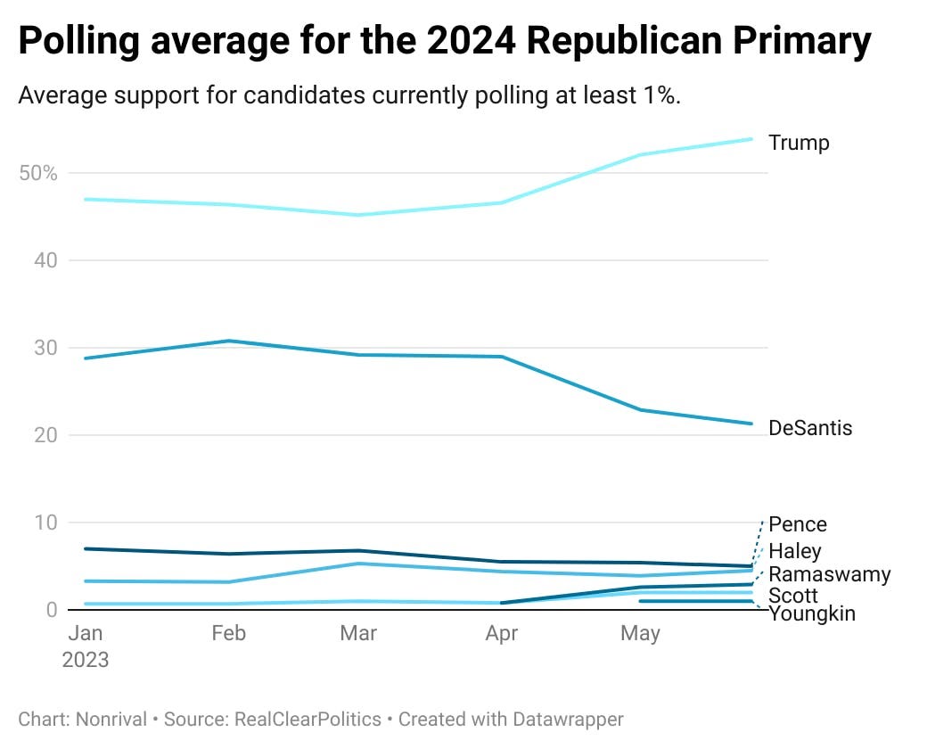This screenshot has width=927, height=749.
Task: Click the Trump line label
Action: coord(799,143)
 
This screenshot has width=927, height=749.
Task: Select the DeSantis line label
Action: coord(810,428)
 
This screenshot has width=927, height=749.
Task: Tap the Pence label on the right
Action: coord(798,524)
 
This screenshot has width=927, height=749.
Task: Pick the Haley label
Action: coord(794,551)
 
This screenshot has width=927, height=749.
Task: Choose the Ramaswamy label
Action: coord(829,573)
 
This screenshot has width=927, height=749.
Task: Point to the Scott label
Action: coord(792,595)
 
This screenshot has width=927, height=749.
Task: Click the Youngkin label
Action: coord(812,613)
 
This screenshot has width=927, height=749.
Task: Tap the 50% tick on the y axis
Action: coord(38,173)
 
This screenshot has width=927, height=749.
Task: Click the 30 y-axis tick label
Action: coord(45,348)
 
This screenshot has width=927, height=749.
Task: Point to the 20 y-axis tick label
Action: coord(45,435)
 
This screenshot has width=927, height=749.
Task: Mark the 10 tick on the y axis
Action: coord(45,523)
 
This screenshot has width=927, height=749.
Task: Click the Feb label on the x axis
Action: coord(228,633)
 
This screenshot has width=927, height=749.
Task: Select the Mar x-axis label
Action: coord(358,633)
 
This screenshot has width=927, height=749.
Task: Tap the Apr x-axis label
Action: coord(503,633)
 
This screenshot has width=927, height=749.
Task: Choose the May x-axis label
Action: coord(640,633)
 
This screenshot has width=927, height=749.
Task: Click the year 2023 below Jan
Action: coord(86,660)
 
